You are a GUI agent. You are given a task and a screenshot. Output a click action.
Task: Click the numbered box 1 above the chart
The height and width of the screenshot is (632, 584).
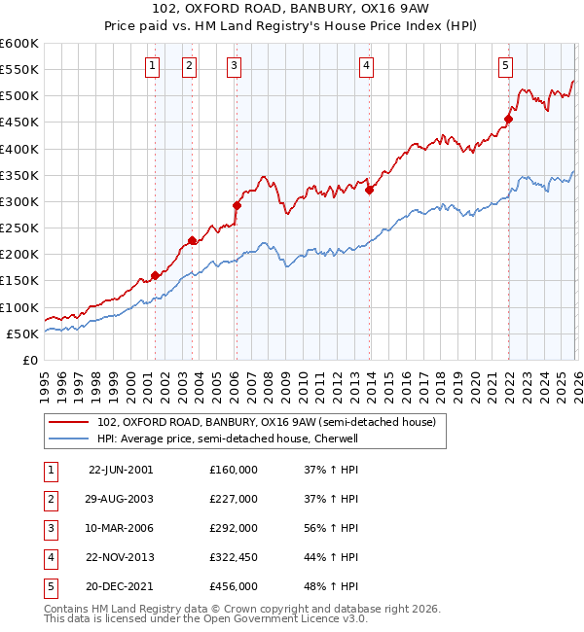click(x=154, y=66)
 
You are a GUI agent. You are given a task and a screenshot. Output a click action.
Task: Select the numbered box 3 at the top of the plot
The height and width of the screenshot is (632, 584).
click(x=236, y=66)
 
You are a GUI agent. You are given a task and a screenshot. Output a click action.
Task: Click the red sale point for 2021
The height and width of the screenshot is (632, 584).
click(x=507, y=120)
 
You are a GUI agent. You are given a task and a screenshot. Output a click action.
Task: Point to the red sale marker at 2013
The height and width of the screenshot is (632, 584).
click(x=369, y=190)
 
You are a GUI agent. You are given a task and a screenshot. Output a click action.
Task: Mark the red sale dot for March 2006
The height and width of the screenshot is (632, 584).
click(x=237, y=205)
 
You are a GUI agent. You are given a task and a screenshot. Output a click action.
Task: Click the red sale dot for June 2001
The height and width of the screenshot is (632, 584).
click(x=155, y=275)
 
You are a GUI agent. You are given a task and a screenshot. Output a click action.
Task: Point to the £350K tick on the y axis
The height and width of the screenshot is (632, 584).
click(x=19, y=175)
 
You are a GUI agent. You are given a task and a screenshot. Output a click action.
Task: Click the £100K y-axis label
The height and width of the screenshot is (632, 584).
click(x=19, y=307)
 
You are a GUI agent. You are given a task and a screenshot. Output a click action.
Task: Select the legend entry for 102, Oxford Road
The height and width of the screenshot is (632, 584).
click(x=272, y=422)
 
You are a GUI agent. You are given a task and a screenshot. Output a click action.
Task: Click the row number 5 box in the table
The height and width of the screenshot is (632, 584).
click(x=49, y=586)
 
